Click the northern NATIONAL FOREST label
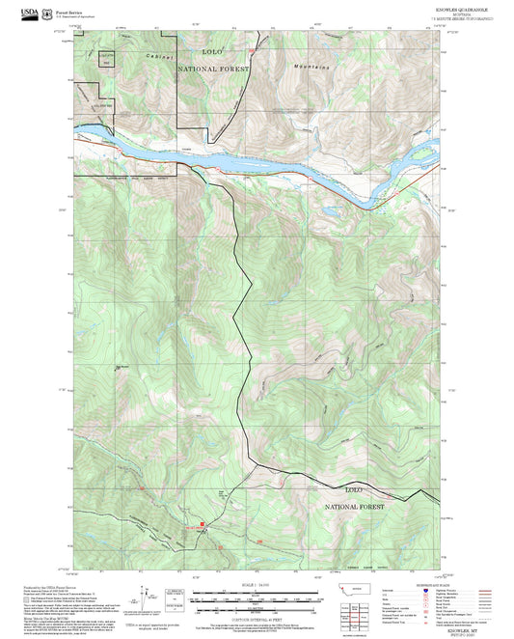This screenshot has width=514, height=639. [x=212, y=69]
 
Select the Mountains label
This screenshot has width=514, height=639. [x=311, y=67]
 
